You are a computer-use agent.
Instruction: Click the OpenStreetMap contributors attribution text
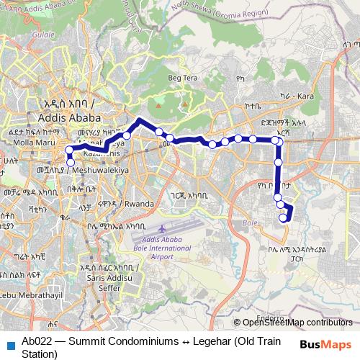click(296, 322)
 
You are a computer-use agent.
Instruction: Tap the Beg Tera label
click(181, 78)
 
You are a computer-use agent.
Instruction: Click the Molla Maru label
click(20, 143)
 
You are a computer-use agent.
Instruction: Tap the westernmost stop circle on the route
click(69, 150)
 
